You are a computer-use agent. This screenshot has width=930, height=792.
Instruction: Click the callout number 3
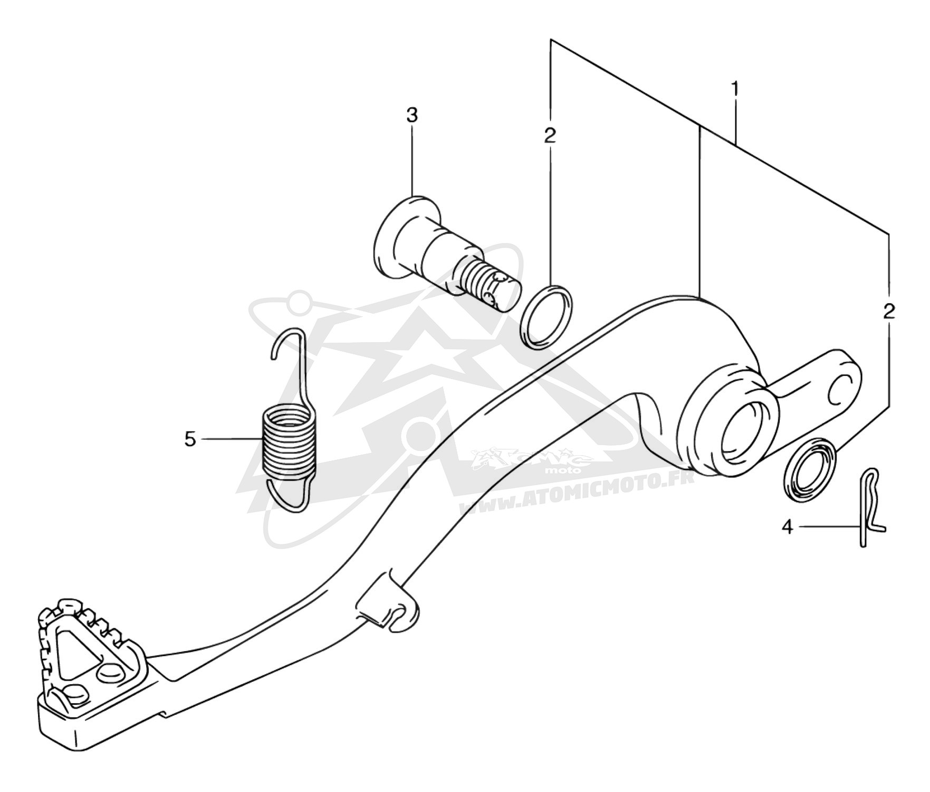pyautogui.click(x=412, y=115)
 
